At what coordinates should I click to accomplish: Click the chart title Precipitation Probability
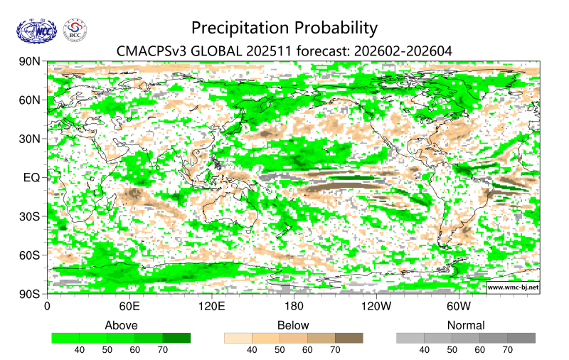pyautogui.click(x=284, y=28)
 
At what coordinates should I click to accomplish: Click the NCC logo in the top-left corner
pyautogui.click(x=35, y=30)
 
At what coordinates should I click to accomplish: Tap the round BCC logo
pyautogui.click(x=75, y=30)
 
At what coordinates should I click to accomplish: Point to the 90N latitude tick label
pyautogui.click(x=29, y=62)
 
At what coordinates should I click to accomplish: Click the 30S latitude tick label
pyautogui.click(x=29, y=216)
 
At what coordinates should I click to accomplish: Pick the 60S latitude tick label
pyautogui.click(x=29, y=255)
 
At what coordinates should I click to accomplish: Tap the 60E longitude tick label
pyautogui.click(x=129, y=307)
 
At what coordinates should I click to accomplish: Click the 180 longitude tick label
pyautogui.click(x=293, y=307)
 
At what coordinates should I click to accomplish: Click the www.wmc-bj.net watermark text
pyautogui.click(x=512, y=287)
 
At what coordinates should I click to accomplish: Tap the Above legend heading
pyautogui.click(x=121, y=325)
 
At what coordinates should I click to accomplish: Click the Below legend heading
pyautogui.click(x=293, y=325)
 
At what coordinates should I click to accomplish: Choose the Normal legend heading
pyautogui.click(x=465, y=325)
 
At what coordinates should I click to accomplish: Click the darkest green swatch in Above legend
pyautogui.click(x=176, y=338)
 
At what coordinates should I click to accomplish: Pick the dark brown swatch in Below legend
pyautogui.click(x=349, y=338)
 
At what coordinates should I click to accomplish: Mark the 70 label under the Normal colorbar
pyautogui.click(x=507, y=350)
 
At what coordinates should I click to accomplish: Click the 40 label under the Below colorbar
pyautogui.click(x=252, y=350)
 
